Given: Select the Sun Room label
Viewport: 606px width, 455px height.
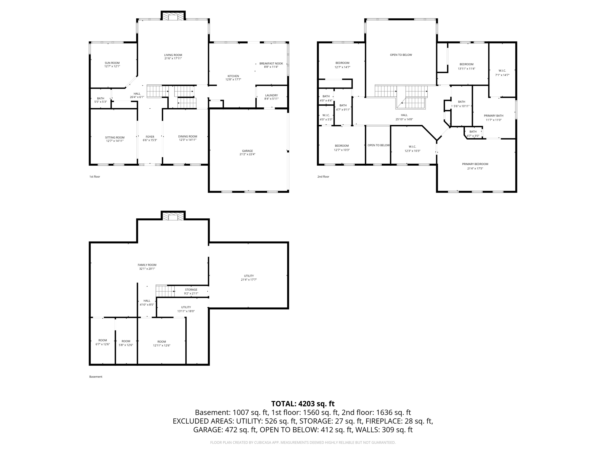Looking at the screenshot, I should [x=112, y=63].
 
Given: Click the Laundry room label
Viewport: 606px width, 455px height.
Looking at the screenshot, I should [x=271, y=95].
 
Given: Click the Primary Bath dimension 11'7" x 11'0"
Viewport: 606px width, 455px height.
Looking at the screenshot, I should [x=493, y=120].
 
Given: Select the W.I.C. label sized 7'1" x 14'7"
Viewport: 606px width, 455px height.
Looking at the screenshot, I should [x=502, y=71].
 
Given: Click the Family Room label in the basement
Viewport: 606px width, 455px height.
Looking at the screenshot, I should [x=147, y=265].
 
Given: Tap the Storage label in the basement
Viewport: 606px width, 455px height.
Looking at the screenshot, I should [x=191, y=290].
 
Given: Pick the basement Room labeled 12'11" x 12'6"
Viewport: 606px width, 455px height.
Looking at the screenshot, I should [x=161, y=342].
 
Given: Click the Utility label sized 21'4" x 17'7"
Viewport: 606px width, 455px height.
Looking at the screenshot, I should [x=249, y=276].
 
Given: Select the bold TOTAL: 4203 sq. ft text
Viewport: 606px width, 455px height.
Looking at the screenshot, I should [x=303, y=404].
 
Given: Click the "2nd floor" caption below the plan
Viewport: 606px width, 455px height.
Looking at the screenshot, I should [x=323, y=177].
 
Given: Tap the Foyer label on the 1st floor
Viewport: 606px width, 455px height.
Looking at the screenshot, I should [x=150, y=136].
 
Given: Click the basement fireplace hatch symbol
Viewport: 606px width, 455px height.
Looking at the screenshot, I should [x=173, y=217].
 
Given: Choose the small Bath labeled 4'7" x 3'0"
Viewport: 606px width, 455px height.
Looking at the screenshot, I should [x=473, y=132].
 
